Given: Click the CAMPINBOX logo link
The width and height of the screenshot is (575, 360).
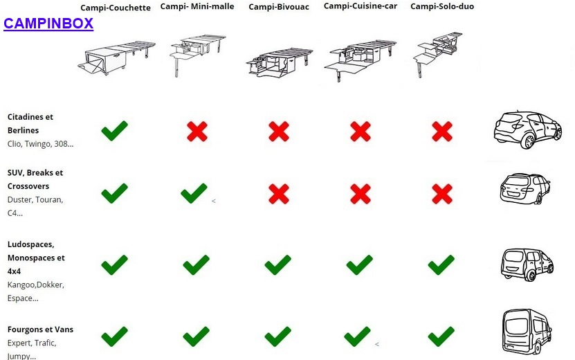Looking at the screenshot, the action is click(x=48, y=24).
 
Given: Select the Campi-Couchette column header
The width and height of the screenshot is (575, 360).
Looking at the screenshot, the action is click(x=116, y=8).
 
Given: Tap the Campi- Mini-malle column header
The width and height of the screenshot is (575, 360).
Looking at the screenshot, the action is click(x=197, y=6).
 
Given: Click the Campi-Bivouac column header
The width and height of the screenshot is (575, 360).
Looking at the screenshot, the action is click(x=279, y=7).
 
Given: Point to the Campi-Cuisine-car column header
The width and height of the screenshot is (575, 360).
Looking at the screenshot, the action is click(x=360, y=6).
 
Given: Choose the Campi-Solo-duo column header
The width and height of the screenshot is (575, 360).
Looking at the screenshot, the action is click(x=442, y=6).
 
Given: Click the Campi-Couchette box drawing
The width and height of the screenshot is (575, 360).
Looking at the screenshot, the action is click(x=116, y=57).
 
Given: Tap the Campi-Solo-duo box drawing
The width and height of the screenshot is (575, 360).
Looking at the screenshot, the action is click(x=437, y=53).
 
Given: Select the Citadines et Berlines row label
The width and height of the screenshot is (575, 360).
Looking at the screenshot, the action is click(x=30, y=124).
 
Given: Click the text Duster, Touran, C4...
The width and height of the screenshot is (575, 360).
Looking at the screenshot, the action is click(x=35, y=206).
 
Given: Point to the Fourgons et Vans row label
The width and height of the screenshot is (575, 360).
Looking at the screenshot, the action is click(x=40, y=330).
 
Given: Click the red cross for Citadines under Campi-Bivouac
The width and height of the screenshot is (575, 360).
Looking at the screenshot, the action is click(x=279, y=132).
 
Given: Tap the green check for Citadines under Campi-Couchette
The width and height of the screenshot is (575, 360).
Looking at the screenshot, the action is click(x=114, y=130).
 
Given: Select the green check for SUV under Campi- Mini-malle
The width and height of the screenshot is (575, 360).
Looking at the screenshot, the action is click(x=194, y=193).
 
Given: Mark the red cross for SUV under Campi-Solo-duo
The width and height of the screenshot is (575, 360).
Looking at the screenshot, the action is click(x=442, y=194).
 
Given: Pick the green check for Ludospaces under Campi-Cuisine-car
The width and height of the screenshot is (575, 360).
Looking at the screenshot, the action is click(x=360, y=264).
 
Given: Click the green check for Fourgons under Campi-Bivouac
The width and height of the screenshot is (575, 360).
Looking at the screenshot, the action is click(x=278, y=336).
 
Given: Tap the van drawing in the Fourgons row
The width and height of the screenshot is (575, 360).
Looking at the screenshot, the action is click(x=527, y=332).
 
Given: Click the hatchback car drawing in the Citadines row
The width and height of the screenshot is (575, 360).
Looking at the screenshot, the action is click(x=528, y=129).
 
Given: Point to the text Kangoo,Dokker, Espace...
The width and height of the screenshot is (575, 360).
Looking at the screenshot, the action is click(x=36, y=291).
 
